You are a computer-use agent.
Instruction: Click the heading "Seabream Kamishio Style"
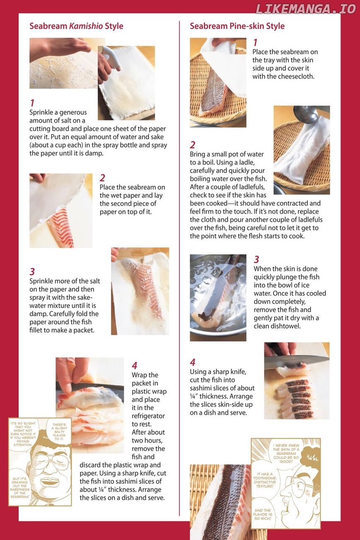(x=76, y=26)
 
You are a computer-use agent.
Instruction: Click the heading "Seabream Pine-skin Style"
(x=237, y=26)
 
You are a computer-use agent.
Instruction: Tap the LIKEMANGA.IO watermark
(x=305, y=9)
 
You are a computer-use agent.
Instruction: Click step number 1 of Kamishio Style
(x=32, y=103)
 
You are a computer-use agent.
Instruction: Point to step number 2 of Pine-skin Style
(x=192, y=145)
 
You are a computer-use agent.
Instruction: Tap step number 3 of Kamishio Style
(x=32, y=272)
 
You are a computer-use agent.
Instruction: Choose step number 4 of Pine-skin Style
(x=192, y=362)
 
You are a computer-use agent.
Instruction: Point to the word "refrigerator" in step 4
(x=148, y=416)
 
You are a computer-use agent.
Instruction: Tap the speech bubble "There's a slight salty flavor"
(x=59, y=432)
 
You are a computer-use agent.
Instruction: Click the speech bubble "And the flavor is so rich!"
(x=263, y=514)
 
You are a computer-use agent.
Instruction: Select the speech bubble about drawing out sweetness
(x=19, y=487)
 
